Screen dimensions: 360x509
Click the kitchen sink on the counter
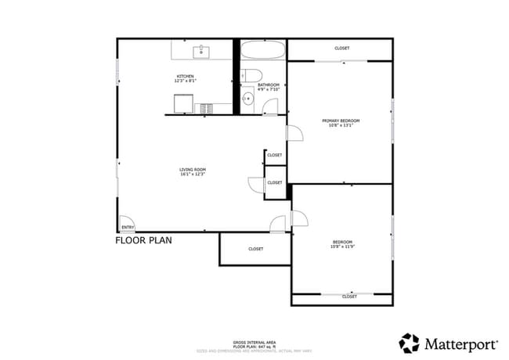coord(202,52)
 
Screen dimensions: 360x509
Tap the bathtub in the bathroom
coord(263,53)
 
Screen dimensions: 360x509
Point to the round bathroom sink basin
coord(247,99)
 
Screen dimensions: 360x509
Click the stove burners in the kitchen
coord(207,109)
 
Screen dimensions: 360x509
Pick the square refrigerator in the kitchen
coord(182,103)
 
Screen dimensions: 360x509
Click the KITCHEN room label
coord(185,76)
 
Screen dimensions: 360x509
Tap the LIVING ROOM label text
coord(192,169)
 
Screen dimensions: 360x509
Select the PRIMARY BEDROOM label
coord(341,121)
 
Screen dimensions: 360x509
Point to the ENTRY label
coord(127,228)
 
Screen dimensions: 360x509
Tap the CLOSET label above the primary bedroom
coord(341,49)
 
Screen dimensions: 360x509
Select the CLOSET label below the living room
coord(255,249)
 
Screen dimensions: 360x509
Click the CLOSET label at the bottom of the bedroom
coord(349,297)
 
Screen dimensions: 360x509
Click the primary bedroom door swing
coord(295,134)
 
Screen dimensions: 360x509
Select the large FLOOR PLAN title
coord(143,240)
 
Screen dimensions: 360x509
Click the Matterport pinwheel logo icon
coord(409,342)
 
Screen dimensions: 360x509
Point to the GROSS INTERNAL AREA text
coord(253,341)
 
